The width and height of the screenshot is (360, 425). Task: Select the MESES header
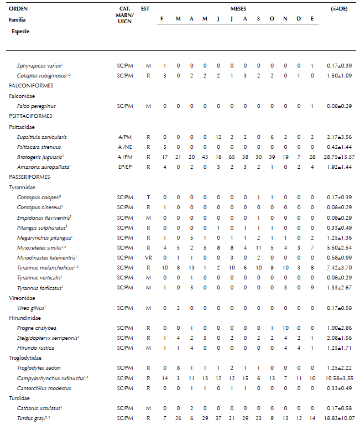[239, 9]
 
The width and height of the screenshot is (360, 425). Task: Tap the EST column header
[145, 9]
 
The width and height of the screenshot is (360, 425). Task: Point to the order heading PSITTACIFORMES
[30, 116]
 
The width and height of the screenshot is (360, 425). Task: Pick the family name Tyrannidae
[22, 188]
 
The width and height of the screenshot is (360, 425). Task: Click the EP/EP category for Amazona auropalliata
[126, 167]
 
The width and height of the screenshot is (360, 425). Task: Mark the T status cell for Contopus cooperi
[148, 197]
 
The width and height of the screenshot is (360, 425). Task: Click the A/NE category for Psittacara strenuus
[126, 147]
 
